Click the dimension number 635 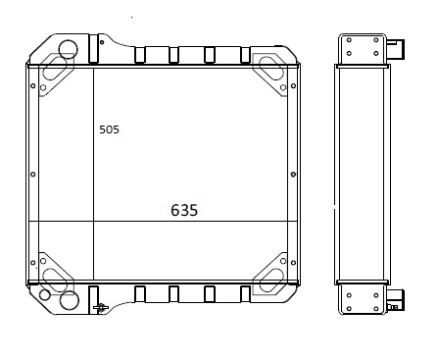point(184,210)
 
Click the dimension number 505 point(109,129)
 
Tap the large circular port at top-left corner point(68,49)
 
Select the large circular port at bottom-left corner point(70,299)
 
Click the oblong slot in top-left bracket point(54,68)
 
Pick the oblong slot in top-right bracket point(271,69)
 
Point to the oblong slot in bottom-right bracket point(271,281)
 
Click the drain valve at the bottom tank point(101,307)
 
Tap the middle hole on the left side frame point(32,175)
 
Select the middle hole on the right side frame point(293,175)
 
